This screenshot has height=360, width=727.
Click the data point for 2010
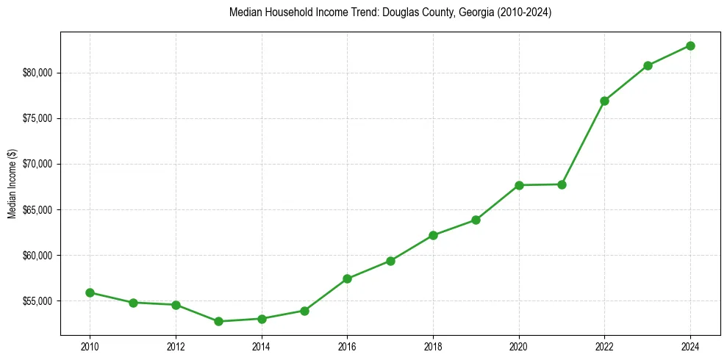90,292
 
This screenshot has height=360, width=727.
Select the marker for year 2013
218,321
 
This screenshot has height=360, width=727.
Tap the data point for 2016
347,278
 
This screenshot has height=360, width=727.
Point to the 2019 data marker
476,220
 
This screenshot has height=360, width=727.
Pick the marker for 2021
562,184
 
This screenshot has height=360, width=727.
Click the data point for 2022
604,101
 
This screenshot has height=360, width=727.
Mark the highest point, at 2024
690,46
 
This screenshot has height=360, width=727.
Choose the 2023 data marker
648,65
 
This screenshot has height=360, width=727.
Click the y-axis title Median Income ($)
12,184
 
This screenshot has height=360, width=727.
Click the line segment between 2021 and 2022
583,143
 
